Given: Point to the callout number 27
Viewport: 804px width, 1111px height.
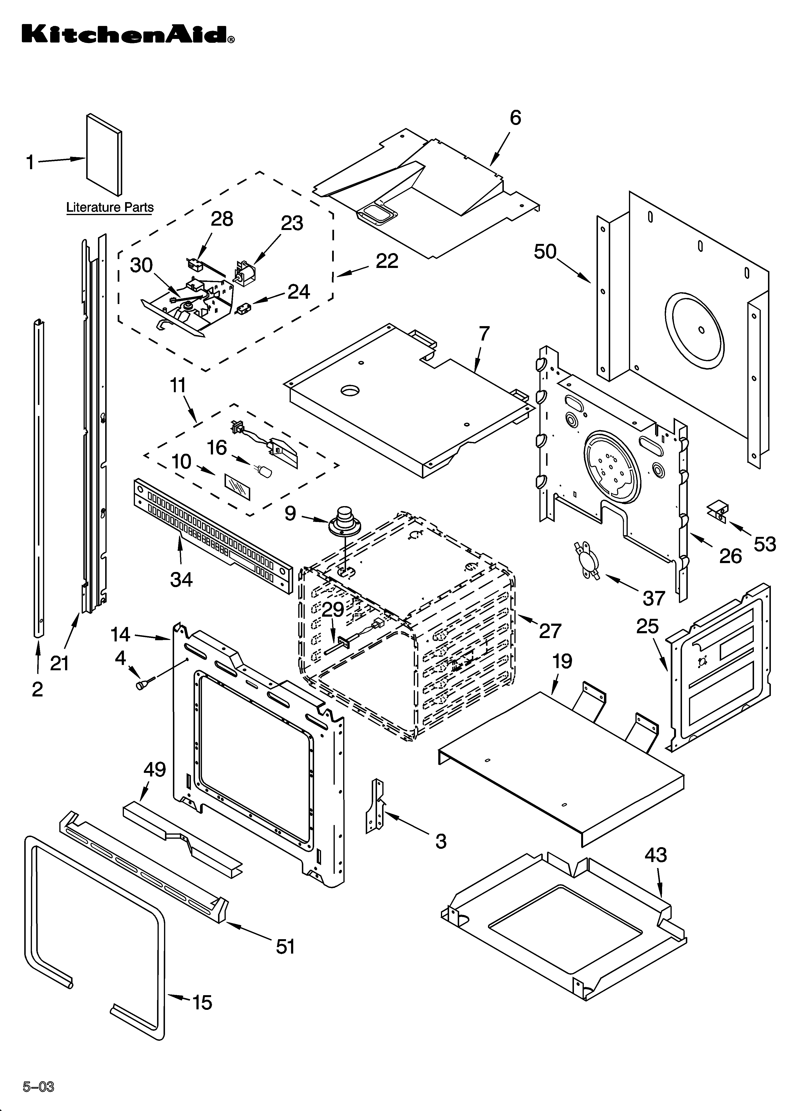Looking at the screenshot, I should click(x=549, y=631).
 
